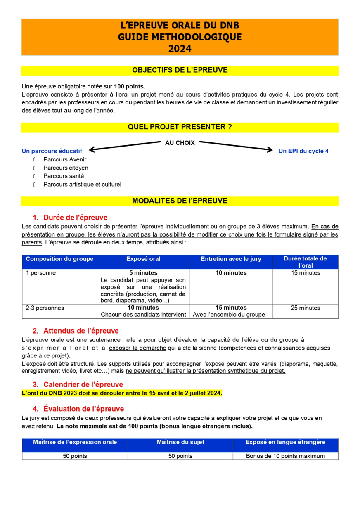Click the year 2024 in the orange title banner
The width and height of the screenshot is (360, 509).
[180, 49]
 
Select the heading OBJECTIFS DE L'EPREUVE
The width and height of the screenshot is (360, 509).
[180, 70]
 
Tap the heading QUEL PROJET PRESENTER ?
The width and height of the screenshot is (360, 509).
[180, 127]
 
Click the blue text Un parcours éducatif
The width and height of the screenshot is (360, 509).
[52, 151]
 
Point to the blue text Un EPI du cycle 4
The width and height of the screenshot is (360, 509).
[303, 151]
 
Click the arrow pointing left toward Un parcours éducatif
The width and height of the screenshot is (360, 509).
[124, 146]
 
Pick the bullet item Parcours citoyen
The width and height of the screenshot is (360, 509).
[66, 168]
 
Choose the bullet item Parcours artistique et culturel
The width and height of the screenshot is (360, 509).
[82, 185]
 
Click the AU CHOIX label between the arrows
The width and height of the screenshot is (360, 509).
[180, 143]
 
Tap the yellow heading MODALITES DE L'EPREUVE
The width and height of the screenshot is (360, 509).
[180, 201]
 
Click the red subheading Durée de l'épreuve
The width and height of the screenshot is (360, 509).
[75, 218]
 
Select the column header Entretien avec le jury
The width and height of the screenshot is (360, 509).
[231, 259]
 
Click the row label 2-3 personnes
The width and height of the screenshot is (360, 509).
[45, 308]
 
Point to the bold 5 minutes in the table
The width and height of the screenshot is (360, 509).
[143, 273]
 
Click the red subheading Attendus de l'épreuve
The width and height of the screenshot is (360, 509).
[81, 331]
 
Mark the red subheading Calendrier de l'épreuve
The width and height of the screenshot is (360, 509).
[83, 385]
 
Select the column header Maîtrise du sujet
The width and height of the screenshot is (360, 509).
[180, 442]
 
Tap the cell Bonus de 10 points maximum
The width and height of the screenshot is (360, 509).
[285, 456]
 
